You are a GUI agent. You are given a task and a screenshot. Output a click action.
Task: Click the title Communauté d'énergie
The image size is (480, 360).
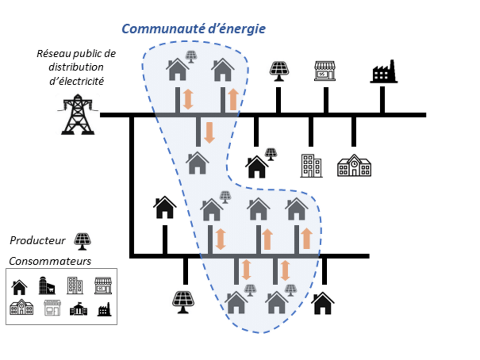[x=193, y=29]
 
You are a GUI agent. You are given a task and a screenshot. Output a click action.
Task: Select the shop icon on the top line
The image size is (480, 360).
[x=325, y=71]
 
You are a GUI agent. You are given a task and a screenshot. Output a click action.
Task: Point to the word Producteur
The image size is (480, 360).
[x=37, y=241]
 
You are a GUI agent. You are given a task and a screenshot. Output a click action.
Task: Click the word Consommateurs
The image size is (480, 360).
[x=50, y=262]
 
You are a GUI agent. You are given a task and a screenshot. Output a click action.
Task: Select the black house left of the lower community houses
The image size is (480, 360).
[x=165, y=207]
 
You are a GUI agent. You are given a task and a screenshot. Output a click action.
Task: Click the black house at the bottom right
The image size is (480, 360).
[x=322, y=303]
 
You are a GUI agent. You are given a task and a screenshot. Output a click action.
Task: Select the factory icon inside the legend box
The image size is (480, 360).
[x=104, y=309]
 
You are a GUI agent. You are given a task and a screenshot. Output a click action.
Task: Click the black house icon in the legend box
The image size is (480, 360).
[x=19, y=287]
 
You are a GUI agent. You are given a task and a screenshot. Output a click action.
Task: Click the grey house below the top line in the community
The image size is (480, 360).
[x=197, y=163]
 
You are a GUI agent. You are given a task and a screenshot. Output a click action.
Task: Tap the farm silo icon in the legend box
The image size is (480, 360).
[x=47, y=286]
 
